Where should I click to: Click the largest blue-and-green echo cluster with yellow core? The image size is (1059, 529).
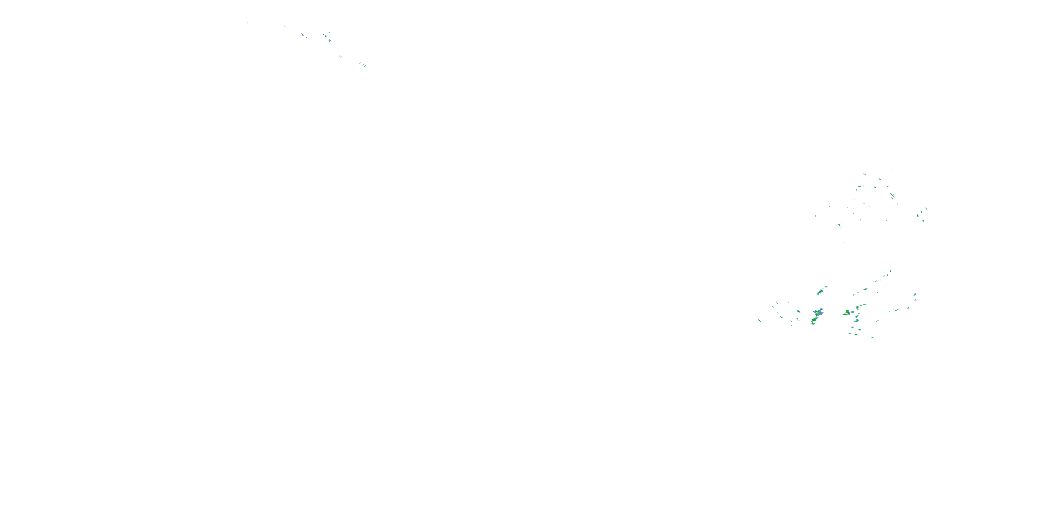817,314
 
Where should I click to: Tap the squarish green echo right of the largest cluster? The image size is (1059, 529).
847,313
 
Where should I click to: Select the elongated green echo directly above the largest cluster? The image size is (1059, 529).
820,292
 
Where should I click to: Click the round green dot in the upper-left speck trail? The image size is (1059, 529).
325,36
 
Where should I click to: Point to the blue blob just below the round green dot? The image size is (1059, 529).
330,41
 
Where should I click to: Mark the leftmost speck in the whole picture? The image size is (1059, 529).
247,23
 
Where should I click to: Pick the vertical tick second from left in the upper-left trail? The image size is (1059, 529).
256,25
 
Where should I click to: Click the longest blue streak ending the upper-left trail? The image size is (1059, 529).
365,65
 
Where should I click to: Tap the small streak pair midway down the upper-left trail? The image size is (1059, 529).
340,56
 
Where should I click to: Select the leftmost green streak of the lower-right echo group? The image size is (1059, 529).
760,320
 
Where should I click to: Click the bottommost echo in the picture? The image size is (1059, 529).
872,338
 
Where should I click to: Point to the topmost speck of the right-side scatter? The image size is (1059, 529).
891,169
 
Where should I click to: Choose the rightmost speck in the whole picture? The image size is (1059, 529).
926,209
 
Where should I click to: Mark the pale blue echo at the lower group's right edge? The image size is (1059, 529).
915,294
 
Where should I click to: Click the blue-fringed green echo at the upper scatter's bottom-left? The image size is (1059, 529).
839,225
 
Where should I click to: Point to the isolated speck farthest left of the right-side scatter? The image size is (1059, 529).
779,215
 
